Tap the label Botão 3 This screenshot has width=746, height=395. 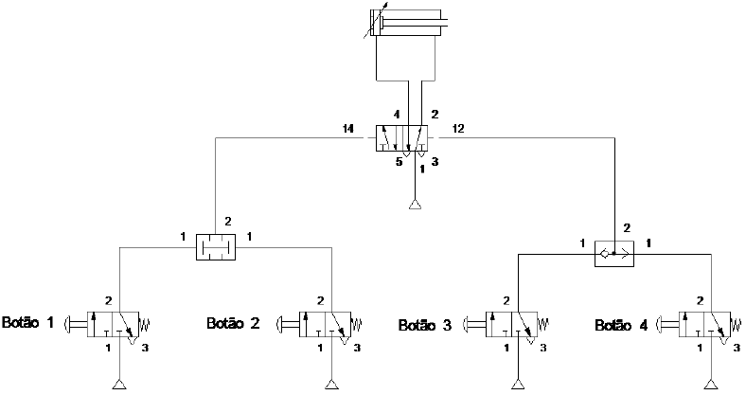tap(425, 326)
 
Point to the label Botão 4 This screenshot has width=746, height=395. tap(621, 326)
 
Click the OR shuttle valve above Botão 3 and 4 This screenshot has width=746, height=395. tap(613, 254)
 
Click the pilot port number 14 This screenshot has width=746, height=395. tap(348, 128)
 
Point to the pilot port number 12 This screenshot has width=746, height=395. tap(459, 128)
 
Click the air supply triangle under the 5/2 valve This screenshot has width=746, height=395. tap(414, 205)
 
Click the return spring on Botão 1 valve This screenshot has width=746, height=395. tap(147, 325)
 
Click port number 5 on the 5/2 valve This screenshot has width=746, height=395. tap(399, 163)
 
